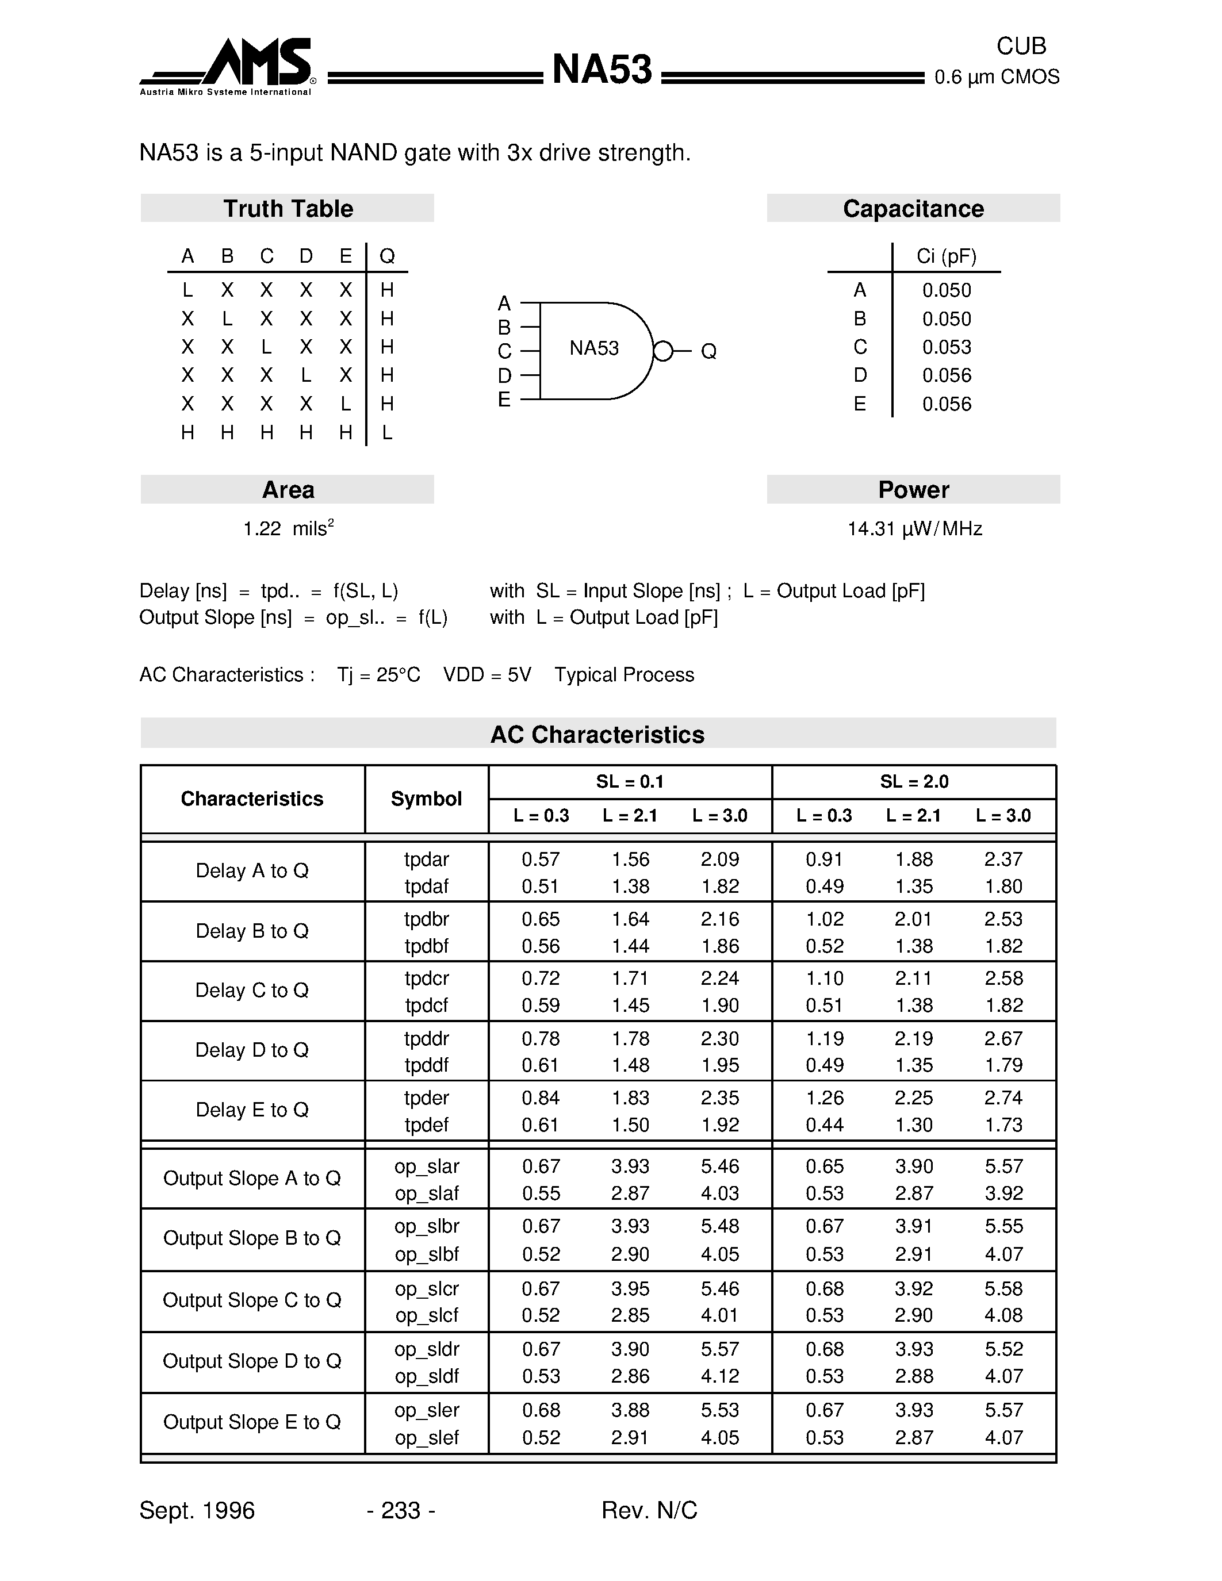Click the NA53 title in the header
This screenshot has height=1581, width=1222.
[x=602, y=70]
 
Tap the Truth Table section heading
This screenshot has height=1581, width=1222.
[x=288, y=209]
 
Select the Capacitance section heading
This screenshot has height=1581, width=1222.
[x=913, y=209]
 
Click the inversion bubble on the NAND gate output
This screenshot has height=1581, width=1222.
[x=662, y=351]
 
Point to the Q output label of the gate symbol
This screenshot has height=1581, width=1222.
[x=708, y=352]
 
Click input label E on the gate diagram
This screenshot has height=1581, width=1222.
[x=504, y=400]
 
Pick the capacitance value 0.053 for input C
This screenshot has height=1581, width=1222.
[x=946, y=347]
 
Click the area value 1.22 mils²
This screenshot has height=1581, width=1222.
[x=288, y=528]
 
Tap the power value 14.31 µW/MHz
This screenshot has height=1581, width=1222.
[x=914, y=529]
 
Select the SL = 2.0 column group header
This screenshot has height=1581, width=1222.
[x=914, y=782]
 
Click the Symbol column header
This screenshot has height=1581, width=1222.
[x=426, y=799]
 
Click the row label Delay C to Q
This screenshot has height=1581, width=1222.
[x=252, y=991]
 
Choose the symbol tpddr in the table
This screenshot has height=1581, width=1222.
[x=426, y=1039]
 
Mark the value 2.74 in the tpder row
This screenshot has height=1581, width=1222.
[x=1003, y=1098]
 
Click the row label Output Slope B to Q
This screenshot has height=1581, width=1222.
[x=252, y=1238]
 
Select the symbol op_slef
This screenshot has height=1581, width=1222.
[x=426, y=1438]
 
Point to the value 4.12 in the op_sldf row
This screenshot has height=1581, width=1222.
[x=719, y=1376]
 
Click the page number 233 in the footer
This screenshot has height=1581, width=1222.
[x=400, y=1511]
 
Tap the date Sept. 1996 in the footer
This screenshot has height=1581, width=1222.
[x=197, y=1511]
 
